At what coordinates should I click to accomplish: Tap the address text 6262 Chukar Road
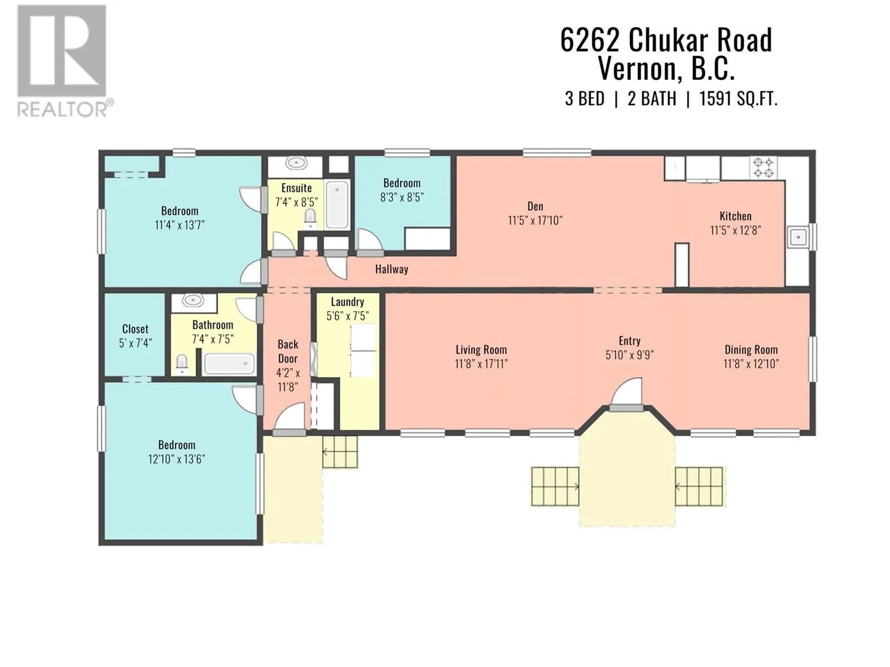click(x=666, y=41)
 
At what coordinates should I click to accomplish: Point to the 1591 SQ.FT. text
click(x=738, y=99)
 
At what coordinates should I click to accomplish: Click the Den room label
click(x=535, y=206)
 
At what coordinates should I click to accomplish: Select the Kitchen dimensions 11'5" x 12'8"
click(x=735, y=231)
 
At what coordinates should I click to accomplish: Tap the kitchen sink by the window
click(x=798, y=237)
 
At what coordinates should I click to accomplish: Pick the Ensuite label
click(x=296, y=188)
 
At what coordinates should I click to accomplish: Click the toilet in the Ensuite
click(x=310, y=219)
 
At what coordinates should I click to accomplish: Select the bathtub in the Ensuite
click(x=337, y=205)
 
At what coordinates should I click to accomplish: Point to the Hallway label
click(x=391, y=269)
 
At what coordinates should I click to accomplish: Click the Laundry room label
click(x=348, y=302)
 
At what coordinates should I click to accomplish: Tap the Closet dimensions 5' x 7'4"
click(x=135, y=343)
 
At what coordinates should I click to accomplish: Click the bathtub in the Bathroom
click(x=229, y=364)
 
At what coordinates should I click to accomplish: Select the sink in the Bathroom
click(x=193, y=301)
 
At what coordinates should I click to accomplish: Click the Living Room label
click(x=481, y=350)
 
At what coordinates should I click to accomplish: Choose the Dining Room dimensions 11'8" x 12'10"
click(x=751, y=364)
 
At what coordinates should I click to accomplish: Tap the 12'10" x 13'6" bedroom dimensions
click(x=176, y=459)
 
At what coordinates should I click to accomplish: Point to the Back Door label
click(x=288, y=351)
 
